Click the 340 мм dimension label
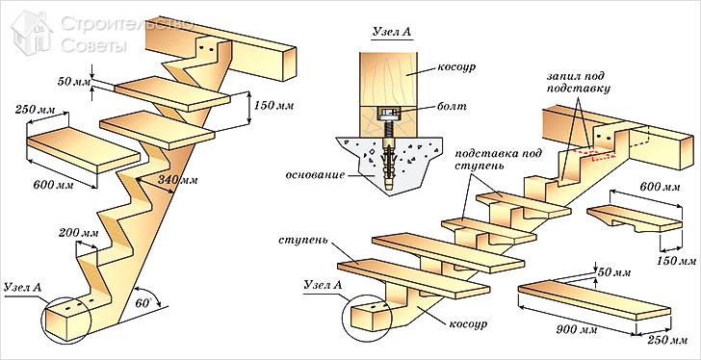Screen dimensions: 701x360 coord(177,180)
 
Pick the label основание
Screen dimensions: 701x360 coord(316,175)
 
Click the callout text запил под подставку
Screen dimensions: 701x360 coord(578,81)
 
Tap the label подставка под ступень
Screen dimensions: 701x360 coord(499,160)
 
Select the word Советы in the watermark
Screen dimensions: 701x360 coord(94,45)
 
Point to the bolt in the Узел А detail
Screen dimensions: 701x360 coord(388,134)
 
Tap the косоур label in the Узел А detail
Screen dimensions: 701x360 coord(457,67)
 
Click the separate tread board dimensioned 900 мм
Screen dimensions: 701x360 coord(594,300)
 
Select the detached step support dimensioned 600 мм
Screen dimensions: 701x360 coord(635,218)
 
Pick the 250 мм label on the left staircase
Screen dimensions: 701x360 coord(35,109)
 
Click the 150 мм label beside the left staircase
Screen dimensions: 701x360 coord(273,106)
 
